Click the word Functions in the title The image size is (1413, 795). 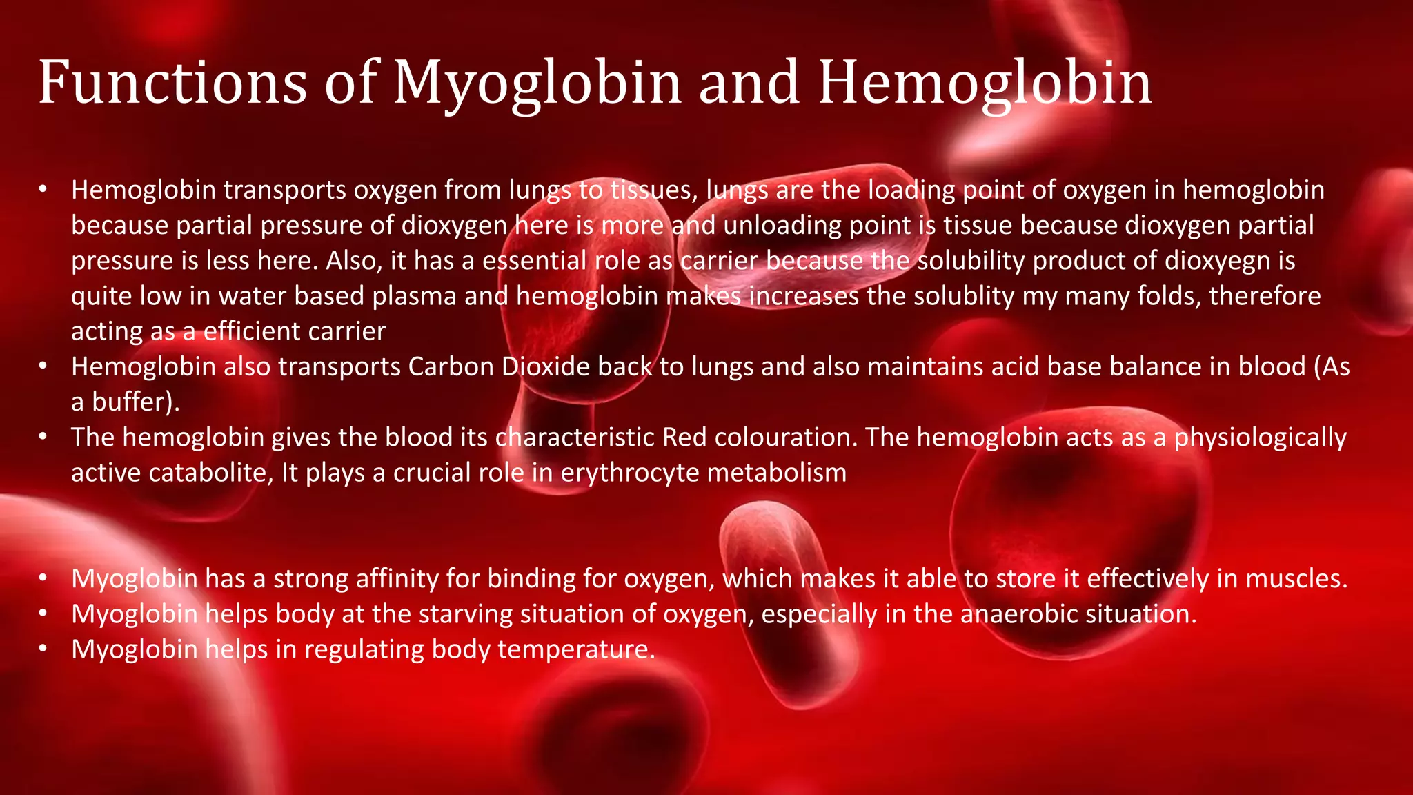click(x=172, y=83)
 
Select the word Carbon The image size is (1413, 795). click(x=451, y=366)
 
